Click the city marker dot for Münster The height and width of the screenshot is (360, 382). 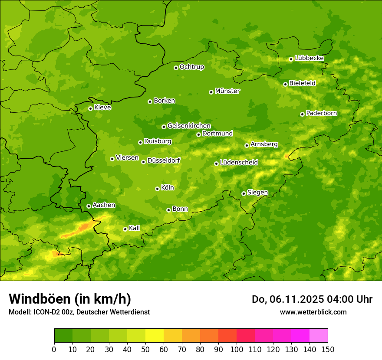(211, 92)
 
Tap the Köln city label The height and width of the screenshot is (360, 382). (168, 188)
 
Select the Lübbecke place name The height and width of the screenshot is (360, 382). (309, 58)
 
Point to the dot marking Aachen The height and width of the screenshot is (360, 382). (89, 206)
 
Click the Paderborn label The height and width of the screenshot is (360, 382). (321, 113)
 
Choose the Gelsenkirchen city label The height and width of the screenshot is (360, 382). (189, 126)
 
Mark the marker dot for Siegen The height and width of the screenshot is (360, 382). (244, 193)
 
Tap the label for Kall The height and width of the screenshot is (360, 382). (134, 228)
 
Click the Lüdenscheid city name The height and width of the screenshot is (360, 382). (239, 163)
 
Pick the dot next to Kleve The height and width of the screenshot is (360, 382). (90, 108)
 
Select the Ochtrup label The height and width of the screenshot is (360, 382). (191, 67)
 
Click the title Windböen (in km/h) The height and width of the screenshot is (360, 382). (70, 299)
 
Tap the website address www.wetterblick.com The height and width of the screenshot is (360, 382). (313, 312)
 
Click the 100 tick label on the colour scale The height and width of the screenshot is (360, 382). (237, 350)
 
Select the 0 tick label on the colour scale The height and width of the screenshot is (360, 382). (54, 350)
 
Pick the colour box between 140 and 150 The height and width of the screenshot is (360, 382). (319, 336)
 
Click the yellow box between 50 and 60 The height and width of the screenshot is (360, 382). (155, 336)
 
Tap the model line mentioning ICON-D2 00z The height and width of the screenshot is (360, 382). (79, 312)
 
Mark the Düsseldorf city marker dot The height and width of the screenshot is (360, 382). (143, 162)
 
